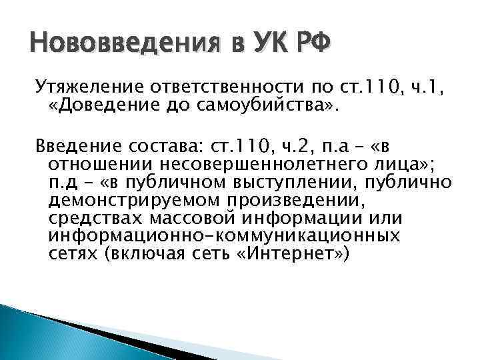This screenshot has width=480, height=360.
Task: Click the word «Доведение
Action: (x=103, y=107)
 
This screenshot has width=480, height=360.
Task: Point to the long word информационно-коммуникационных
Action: (x=224, y=236)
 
